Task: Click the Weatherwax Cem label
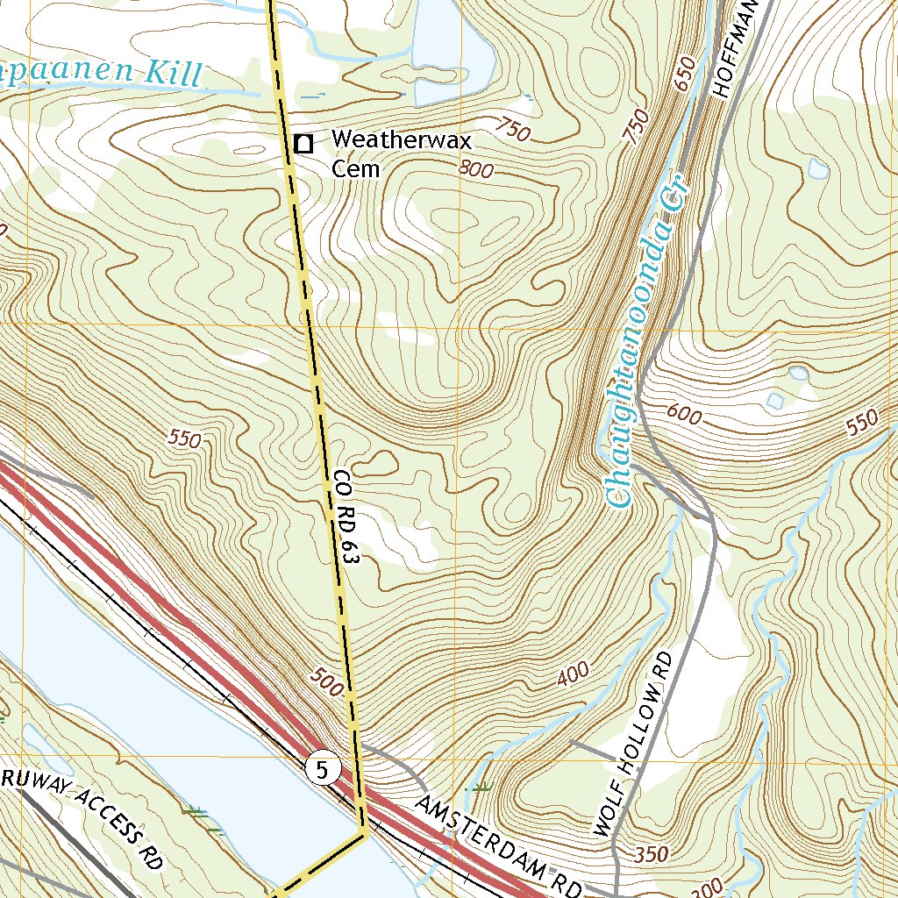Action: point(401,153)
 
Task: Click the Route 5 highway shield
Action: point(323,771)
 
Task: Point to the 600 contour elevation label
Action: point(684,414)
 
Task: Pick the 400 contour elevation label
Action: point(573,675)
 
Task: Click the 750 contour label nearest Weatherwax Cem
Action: point(512,132)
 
